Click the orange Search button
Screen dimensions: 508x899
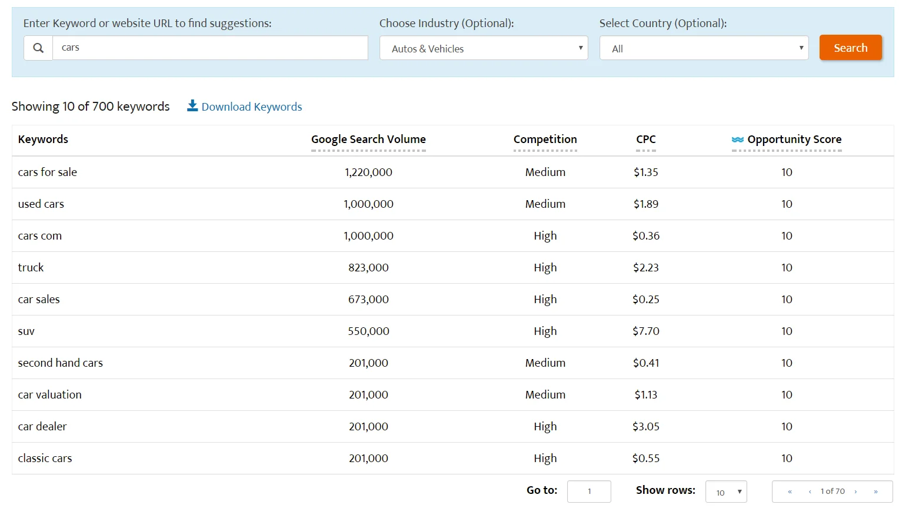tap(850, 48)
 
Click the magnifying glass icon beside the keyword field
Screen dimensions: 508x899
tap(38, 48)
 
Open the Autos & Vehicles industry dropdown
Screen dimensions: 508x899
tap(484, 48)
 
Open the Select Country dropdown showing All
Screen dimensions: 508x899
tap(704, 48)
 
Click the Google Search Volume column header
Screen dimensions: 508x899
tap(368, 140)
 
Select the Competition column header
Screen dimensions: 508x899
tap(545, 140)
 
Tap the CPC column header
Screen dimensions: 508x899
tap(645, 140)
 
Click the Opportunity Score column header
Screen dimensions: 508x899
tap(794, 140)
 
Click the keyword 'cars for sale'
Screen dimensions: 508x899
tap(48, 172)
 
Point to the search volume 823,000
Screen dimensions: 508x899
tap(368, 268)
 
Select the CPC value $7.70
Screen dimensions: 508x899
tap(645, 331)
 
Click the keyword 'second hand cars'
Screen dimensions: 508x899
tap(61, 363)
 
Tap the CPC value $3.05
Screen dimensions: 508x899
tap(645, 427)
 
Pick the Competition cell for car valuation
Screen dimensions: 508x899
tap(545, 395)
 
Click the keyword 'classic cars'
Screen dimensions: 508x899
tap(45, 459)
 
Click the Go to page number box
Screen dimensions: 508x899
tap(589, 492)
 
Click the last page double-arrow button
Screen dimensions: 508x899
tap(875, 492)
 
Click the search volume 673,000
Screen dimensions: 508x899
tap(368, 300)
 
